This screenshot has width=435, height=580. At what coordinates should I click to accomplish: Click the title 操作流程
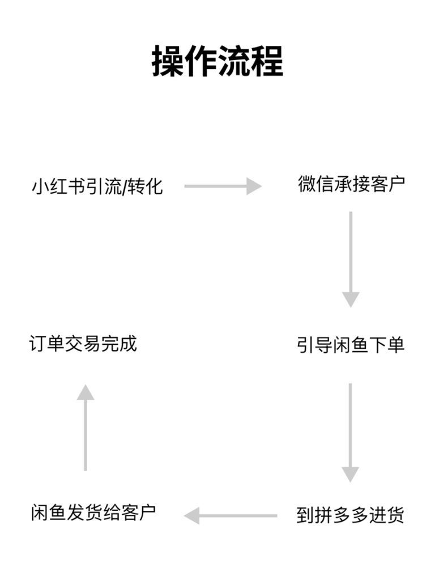217,61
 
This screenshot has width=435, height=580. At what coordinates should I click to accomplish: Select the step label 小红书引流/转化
97,186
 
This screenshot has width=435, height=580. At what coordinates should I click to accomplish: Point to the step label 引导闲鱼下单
351,345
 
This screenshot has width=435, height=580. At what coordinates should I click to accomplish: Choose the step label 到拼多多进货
350,515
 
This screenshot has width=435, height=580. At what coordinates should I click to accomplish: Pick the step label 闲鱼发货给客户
93,513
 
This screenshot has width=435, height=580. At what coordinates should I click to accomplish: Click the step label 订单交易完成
83,344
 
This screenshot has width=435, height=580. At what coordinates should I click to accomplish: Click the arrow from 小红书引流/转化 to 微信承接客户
223,186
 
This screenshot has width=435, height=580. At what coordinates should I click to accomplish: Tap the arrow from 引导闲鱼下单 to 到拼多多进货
351,432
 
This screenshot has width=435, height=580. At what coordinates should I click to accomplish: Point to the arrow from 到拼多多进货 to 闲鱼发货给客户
231,515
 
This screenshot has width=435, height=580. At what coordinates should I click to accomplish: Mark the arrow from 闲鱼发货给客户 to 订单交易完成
86,428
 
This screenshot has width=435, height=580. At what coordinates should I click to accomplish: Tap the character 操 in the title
168,61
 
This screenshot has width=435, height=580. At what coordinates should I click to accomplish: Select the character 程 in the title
267,61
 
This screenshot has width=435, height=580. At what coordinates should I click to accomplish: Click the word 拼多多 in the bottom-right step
342,515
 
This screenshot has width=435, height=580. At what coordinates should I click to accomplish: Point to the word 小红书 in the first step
58,186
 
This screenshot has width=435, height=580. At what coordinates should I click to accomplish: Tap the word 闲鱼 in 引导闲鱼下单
351,345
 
